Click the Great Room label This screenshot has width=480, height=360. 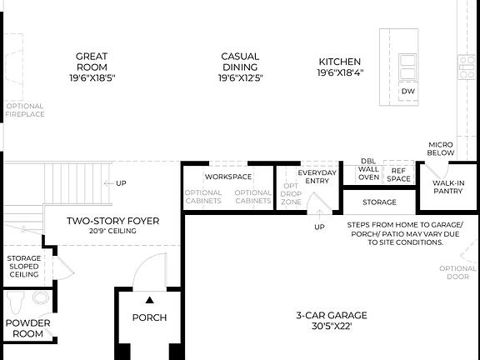coord(92,62)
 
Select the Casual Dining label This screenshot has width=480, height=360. coord(240,62)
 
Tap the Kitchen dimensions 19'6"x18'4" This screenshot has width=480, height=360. coord(339,72)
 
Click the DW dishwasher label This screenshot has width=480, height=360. coord(407,91)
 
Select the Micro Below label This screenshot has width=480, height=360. coord(441,148)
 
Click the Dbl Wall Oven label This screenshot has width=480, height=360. coord(368,169)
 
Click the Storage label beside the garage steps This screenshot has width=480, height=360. coord(379,202)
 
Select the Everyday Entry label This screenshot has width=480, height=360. coord(317,176)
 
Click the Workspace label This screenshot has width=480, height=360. coord(228,177)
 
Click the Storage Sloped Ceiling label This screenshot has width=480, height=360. coord(24,266)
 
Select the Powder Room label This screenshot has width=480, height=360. coord(27,327)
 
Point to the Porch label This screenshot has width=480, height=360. coord(149,317)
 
